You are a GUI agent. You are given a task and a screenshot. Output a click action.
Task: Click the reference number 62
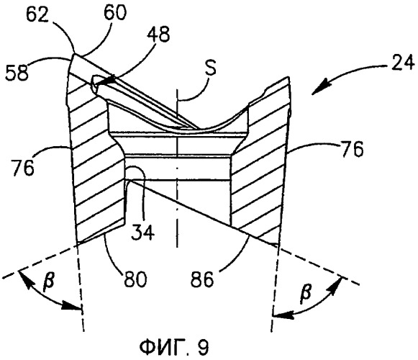click(x=37, y=15)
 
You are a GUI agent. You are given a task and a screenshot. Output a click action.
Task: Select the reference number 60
click(x=115, y=12)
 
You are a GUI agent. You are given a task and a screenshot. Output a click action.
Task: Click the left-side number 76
click(x=22, y=167)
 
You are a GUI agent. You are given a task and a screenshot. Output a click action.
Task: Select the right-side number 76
click(x=351, y=149)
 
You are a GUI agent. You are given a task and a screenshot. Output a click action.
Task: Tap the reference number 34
click(x=143, y=232)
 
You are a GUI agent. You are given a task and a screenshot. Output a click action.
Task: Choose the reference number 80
click(x=135, y=279)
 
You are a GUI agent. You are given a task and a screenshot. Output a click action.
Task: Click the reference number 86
click(x=201, y=279)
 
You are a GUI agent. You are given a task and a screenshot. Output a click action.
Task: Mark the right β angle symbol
click(x=306, y=292)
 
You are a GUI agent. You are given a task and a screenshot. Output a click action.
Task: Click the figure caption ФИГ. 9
click(x=174, y=347)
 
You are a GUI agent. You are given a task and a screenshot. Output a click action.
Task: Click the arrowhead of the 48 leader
click(x=109, y=80)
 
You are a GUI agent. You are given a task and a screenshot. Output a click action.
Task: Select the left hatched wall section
click(x=96, y=155)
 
